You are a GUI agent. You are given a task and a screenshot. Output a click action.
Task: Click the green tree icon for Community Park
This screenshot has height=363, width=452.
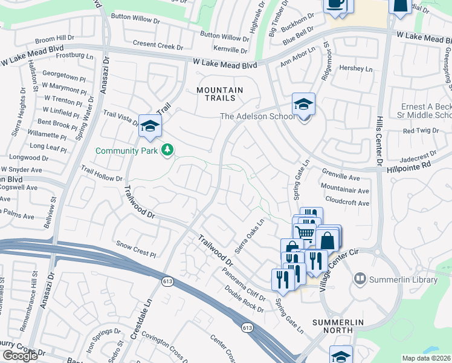167,149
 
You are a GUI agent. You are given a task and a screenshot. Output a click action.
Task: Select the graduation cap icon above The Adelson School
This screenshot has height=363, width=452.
303,102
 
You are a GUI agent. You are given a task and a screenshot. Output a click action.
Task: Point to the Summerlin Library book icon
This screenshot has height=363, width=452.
360,279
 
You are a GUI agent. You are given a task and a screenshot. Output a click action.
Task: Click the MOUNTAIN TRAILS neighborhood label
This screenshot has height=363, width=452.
220,96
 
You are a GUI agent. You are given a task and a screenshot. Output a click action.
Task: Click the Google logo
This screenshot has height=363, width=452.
20,356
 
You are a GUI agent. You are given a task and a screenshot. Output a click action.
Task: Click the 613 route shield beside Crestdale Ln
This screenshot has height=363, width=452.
167,281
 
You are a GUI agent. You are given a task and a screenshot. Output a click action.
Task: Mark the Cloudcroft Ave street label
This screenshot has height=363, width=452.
347,203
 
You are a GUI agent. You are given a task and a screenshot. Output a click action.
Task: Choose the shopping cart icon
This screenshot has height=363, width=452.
306,232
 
